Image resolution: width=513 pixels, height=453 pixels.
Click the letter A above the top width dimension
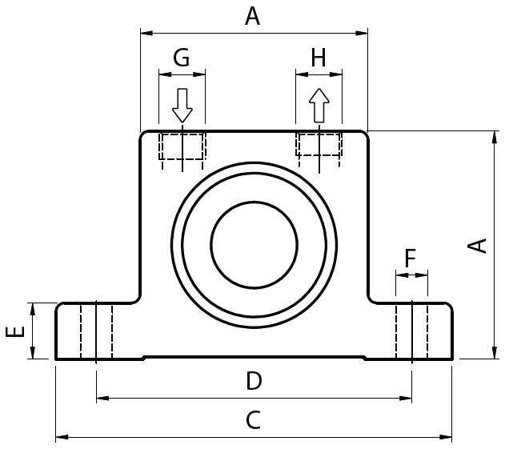point(253,16)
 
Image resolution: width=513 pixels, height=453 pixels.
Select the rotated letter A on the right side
point(478,245)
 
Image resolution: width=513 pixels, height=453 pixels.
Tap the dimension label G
point(182,58)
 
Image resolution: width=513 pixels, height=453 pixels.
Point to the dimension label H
point(319,58)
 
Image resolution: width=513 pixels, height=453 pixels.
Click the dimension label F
point(411,259)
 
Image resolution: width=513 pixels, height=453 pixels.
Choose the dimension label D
point(253,382)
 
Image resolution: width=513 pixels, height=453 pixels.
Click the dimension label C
point(253,421)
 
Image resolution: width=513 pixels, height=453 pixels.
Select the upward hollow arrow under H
point(319,105)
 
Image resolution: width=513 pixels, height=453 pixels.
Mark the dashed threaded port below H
point(319,145)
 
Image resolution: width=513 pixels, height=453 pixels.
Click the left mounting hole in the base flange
point(96,331)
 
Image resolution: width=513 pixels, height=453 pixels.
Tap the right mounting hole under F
point(411,331)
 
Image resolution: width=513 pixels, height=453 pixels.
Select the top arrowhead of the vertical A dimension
point(488,136)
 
